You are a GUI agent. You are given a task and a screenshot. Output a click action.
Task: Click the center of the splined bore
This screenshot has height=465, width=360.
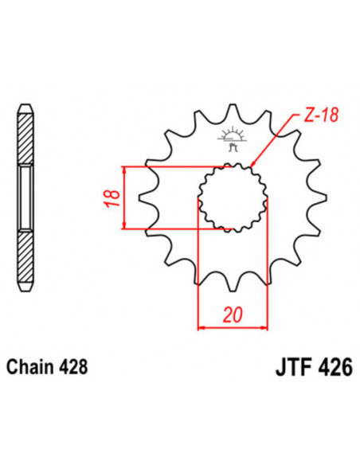tap(233, 198)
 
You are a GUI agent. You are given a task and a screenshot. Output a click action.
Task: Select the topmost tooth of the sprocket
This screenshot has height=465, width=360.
tap(233, 109)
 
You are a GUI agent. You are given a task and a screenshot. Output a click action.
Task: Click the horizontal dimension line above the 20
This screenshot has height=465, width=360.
tap(233, 326)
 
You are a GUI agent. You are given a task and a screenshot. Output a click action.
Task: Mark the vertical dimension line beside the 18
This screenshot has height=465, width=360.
tap(123, 198)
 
